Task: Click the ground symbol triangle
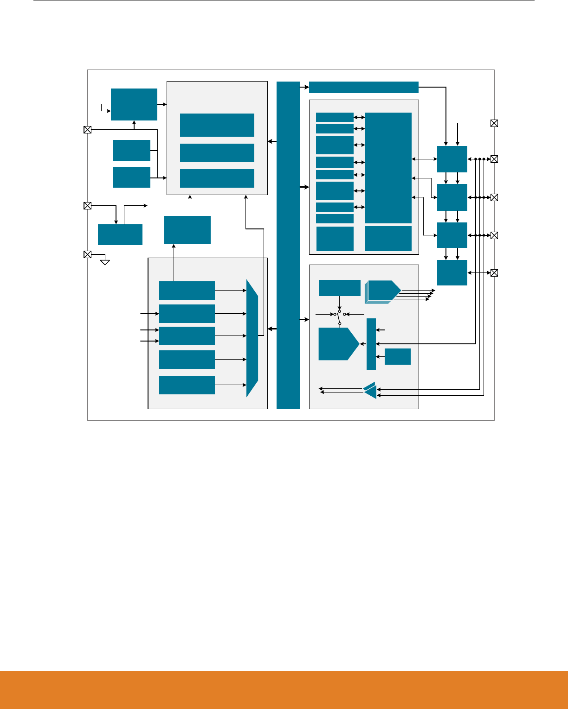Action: pyautogui.click(x=105, y=262)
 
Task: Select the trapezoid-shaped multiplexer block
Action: pyautogui.click(x=252, y=338)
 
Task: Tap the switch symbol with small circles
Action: pyautogui.click(x=339, y=317)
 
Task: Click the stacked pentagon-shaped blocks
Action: pyautogui.click(x=383, y=291)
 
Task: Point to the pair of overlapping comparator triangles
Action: pyautogui.click(x=370, y=390)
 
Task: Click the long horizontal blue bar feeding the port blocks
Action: pyautogui.click(x=363, y=87)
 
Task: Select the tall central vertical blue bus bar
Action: pyautogui.click(x=288, y=245)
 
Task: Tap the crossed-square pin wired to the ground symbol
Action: pyautogui.click(x=87, y=254)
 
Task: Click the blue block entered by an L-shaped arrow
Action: pyautogui.click(x=134, y=104)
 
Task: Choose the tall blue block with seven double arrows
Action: pyautogui.click(x=388, y=168)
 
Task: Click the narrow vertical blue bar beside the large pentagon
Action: pyautogui.click(x=371, y=344)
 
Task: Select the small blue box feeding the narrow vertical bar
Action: pyautogui.click(x=398, y=356)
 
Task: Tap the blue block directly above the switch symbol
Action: pyautogui.click(x=339, y=288)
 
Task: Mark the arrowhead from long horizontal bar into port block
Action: pyautogui.click(x=446, y=144)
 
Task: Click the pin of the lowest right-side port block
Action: pyautogui.click(x=494, y=272)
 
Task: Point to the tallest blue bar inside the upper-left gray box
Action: pyautogui.click(x=217, y=125)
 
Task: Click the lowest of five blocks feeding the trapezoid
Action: pyautogui.click(x=187, y=385)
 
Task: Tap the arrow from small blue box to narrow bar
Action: pyautogui.click(x=378, y=356)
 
